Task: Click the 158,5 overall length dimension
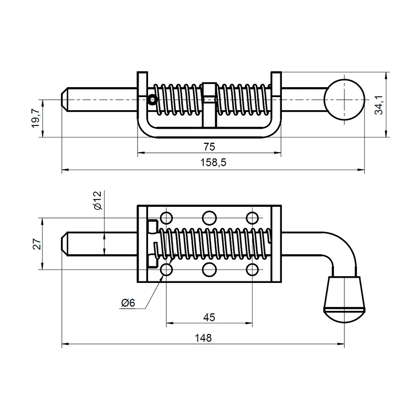tap(213, 163)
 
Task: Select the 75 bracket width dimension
tap(209, 147)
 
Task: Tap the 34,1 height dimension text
tap(379, 105)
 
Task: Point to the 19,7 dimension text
tap(36, 118)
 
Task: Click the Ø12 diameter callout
tap(98, 200)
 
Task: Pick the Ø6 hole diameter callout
tap(128, 303)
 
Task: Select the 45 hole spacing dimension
tap(209, 318)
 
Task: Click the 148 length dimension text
tap(203, 338)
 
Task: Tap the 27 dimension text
tap(37, 244)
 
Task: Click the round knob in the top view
tap(344, 100)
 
